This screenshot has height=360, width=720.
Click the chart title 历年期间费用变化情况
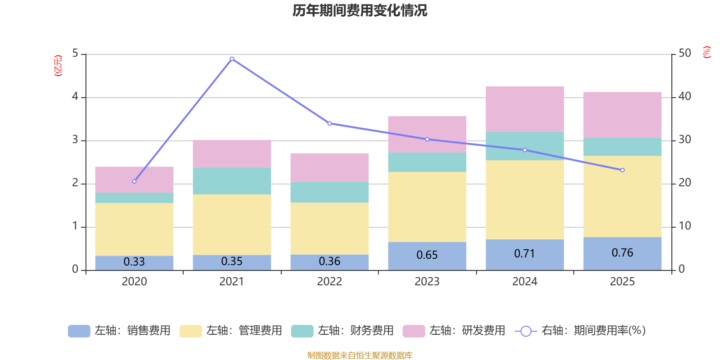click(360, 11)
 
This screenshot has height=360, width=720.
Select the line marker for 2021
click(232, 59)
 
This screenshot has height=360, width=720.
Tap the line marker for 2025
click(622, 170)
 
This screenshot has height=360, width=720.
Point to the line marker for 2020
click(135, 181)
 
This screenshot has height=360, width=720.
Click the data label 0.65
click(427, 255)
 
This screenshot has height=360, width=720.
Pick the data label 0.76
click(622, 252)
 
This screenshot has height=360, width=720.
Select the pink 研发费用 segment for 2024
click(525, 109)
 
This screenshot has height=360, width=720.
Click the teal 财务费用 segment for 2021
click(232, 180)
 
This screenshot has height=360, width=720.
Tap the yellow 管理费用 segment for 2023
click(427, 207)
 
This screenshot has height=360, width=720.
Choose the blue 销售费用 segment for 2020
click(135, 263)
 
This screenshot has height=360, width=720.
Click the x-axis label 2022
click(329, 282)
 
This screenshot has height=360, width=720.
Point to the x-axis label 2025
click(622, 282)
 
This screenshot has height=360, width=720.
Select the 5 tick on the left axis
click(75, 53)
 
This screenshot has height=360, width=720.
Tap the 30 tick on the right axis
click(684, 139)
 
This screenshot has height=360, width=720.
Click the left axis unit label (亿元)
click(58, 66)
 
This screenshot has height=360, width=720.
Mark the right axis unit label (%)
click(706, 52)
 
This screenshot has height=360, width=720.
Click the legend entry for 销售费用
click(119, 330)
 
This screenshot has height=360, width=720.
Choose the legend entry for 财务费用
click(342, 330)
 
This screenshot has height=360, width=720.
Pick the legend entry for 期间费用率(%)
click(580, 330)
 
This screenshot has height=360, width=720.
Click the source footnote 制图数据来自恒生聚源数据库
click(360, 355)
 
